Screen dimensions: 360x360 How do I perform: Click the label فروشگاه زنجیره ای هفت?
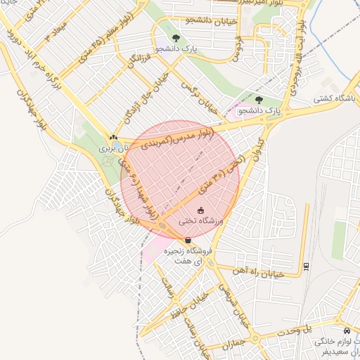click(188, 255)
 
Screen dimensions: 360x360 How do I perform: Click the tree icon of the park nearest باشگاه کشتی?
click(259, 100)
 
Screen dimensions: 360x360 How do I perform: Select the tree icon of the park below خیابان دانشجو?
click(175, 38)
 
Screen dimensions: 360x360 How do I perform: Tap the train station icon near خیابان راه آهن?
click(307, 266)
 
